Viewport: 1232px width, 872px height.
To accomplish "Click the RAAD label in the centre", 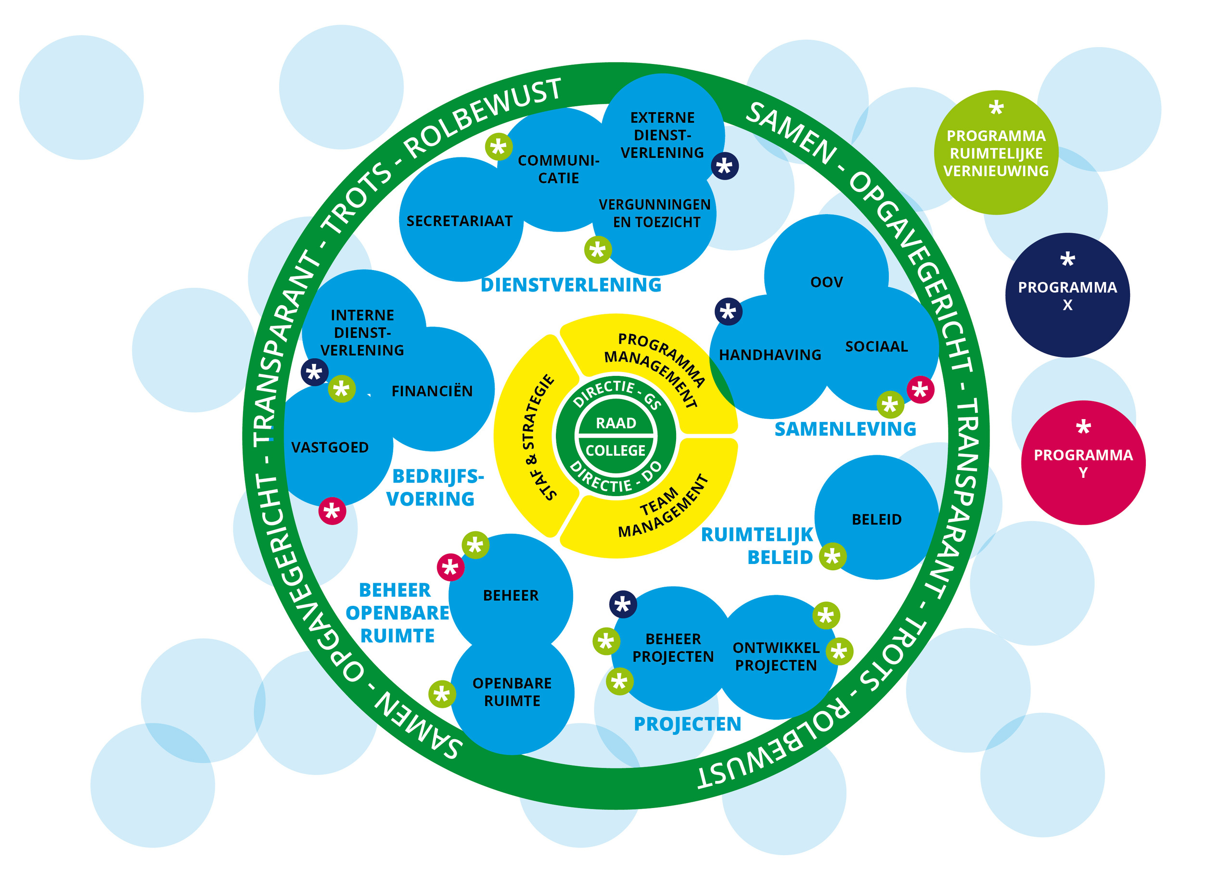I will click(616, 423).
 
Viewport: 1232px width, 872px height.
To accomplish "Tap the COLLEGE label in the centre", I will click(616, 450).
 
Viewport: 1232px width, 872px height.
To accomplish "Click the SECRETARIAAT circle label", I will click(460, 221).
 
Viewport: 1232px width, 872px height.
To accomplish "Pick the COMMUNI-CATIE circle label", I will click(558, 169).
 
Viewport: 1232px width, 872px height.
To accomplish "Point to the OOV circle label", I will click(826, 282).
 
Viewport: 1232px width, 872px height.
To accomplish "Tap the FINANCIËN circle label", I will click(432, 391).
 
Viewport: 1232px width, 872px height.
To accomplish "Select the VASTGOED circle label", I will click(330, 447).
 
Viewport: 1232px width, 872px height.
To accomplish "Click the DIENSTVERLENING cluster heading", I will click(571, 285).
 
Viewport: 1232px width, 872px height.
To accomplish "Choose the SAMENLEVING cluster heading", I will click(845, 429).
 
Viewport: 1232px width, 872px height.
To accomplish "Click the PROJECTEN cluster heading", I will click(687, 724).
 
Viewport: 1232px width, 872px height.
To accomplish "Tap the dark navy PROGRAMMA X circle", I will click(1067, 295).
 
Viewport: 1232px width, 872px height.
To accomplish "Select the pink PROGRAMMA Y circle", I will click(1083, 463).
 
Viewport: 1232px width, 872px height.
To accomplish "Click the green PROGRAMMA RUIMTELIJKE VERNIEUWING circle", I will click(996, 153).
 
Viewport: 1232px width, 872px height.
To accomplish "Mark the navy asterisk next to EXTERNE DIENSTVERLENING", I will click(725, 166).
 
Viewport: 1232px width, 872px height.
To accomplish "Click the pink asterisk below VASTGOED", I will click(332, 511).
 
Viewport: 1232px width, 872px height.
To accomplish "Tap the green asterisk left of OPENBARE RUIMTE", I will click(442, 694).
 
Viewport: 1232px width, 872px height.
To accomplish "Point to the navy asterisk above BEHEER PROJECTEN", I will click(623, 604).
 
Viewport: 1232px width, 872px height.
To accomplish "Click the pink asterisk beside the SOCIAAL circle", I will click(920, 390).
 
